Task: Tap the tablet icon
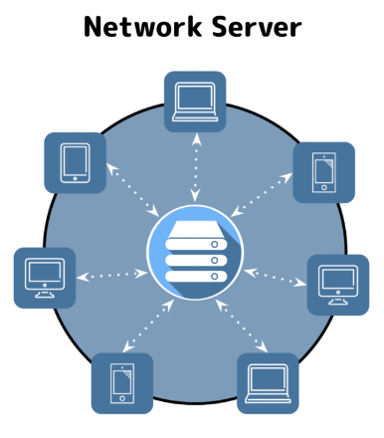(x=76, y=162)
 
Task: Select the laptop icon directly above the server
(x=195, y=102)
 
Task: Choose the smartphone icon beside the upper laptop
(x=323, y=172)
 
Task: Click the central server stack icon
(x=195, y=250)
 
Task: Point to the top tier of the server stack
(x=195, y=232)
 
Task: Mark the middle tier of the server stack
(x=195, y=256)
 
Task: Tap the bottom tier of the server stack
(x=195, y=273)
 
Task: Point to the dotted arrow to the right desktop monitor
(x=275, y=276)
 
